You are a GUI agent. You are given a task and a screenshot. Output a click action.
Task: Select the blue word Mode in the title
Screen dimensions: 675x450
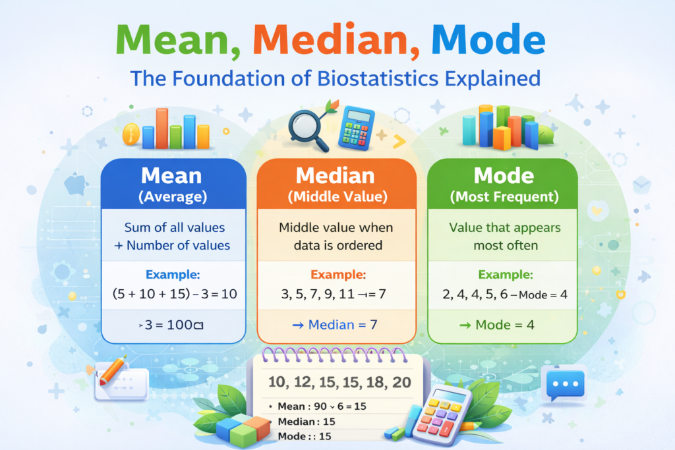point(488,40)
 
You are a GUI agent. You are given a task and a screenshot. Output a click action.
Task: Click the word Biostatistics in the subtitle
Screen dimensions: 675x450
point(378,78)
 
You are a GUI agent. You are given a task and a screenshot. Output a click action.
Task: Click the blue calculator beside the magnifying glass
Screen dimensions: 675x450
point(356,128)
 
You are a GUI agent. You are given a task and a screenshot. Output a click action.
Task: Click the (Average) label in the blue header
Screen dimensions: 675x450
point(173,197)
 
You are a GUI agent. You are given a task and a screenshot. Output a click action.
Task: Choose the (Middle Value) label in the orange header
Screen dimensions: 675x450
point(337,197)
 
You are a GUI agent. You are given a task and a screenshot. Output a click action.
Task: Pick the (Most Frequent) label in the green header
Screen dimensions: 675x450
point(504,197)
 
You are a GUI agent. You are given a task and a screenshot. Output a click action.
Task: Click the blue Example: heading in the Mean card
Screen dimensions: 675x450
point(173,275)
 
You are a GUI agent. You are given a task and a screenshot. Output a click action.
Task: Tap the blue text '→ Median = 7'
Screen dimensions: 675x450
point(335,325)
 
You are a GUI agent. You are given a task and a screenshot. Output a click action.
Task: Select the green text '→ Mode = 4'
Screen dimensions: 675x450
point(497,325)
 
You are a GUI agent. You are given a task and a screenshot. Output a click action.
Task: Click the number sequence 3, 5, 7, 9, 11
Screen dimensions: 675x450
point(318,294)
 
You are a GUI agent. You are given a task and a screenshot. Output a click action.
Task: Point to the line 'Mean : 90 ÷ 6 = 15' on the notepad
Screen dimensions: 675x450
point(322,406)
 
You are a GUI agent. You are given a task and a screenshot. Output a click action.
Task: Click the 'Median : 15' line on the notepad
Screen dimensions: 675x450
point(307,422)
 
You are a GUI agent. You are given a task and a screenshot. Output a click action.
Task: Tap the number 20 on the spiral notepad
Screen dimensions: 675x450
point(401,382)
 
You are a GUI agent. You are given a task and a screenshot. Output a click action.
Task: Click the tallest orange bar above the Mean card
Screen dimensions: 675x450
point(162,128)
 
